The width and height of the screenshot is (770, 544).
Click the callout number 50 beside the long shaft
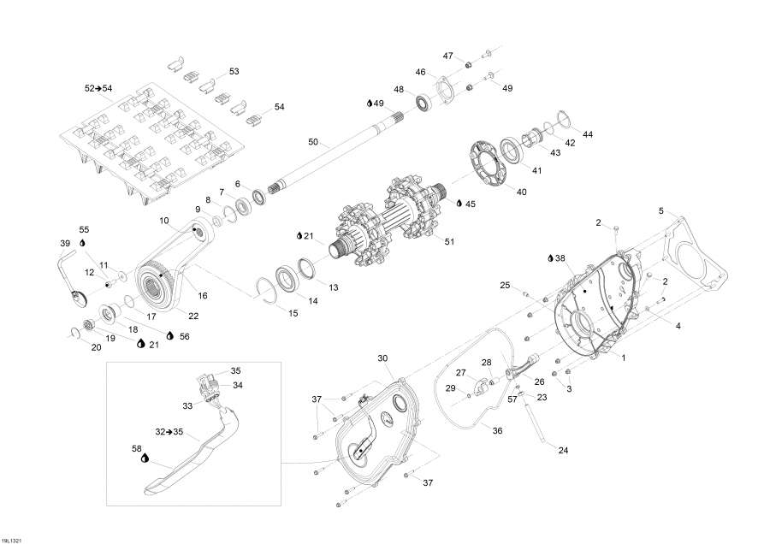313,141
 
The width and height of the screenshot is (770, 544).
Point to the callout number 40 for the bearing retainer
521,192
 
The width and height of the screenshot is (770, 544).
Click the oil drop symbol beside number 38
550,257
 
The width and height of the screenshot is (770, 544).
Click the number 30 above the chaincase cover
382,358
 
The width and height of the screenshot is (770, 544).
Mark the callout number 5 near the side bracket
660,210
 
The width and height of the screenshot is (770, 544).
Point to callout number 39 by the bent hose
65,244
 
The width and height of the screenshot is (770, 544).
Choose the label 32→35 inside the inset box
170,432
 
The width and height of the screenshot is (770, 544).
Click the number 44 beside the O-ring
587,135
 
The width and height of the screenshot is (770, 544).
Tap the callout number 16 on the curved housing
203,295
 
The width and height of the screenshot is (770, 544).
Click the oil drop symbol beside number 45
459,204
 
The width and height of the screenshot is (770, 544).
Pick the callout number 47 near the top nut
447,56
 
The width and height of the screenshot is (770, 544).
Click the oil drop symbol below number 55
83,243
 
